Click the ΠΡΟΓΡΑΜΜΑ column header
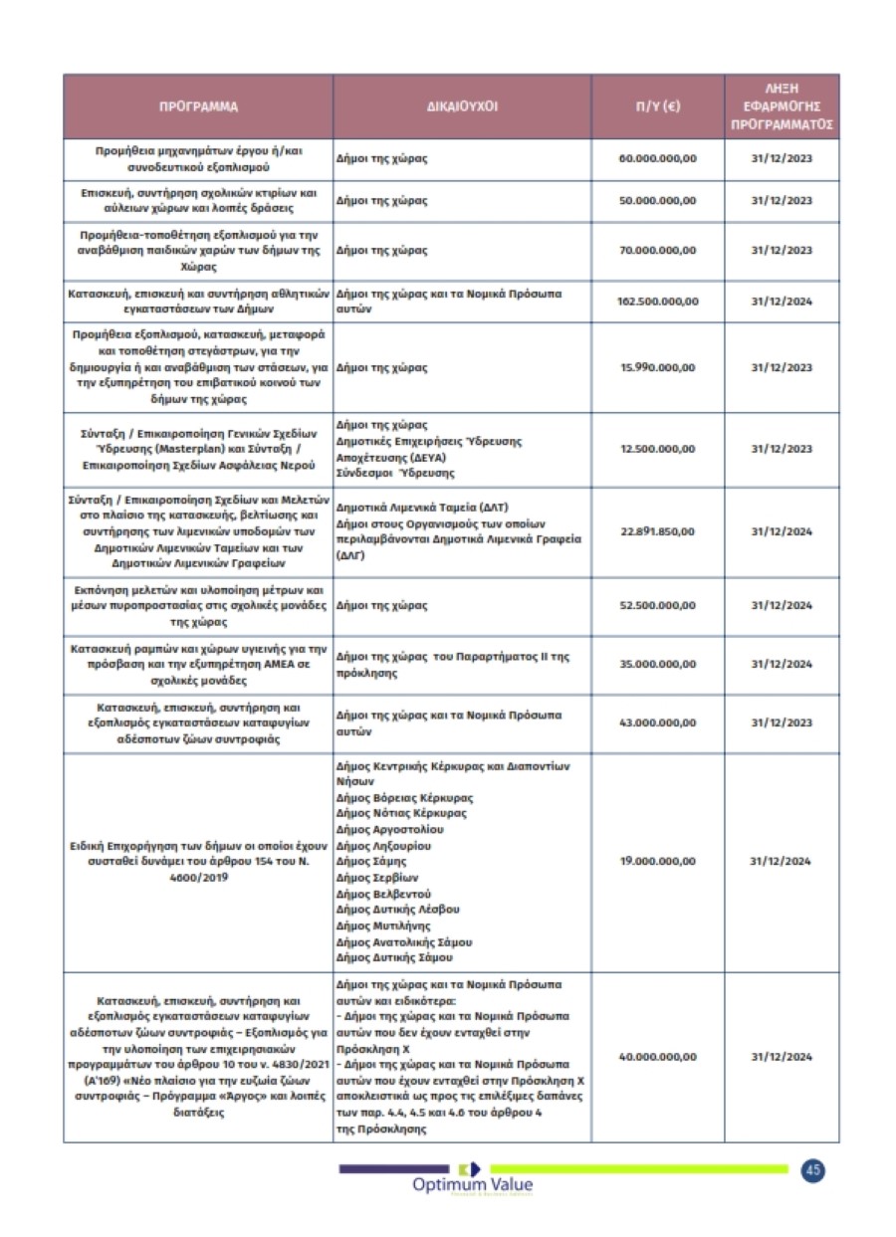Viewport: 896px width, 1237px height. [x=198, y=105]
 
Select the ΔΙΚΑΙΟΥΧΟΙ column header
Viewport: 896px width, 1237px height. [x=462, y=105]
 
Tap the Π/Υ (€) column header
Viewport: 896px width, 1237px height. [x=657, y=105]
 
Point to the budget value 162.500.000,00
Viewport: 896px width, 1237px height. [x=657, y=302]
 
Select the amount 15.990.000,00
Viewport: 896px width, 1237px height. [x=657, y=368]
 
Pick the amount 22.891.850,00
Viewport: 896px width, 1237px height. [x=657, y=531]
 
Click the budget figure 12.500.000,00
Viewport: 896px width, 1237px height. [x=657, y=449]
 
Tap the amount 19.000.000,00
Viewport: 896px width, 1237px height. [x=657, y=861]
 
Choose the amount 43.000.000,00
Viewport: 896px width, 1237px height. [x=657, y=722]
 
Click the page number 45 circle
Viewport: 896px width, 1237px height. [x=812, y=1170]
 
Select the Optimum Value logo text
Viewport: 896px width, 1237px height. [x=472, y=1184]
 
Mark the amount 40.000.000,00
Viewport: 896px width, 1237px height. [x=657, y=1057]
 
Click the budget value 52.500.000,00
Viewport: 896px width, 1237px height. [x=657, y=605]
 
